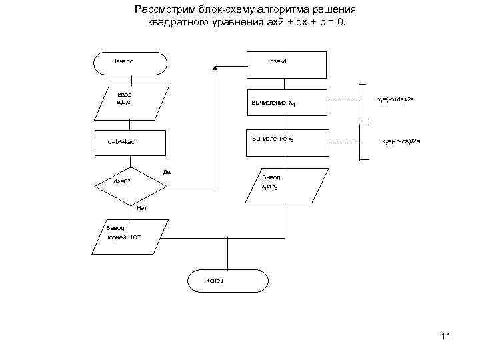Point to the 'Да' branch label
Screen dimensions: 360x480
(167, 172)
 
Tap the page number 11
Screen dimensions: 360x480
(446, 335)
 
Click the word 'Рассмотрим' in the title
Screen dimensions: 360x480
(161, 10)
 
